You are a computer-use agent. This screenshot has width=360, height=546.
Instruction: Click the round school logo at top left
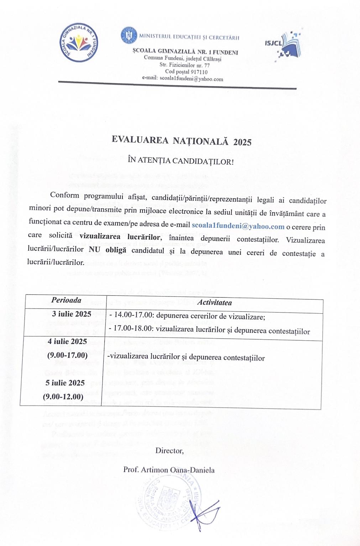[x=79, y=43]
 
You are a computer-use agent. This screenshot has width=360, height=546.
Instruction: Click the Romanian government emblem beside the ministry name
[x=129, y=35]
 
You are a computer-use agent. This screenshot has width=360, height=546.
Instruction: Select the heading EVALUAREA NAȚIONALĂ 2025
[x=182, y=141]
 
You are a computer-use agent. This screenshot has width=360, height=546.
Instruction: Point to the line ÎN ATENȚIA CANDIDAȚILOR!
[x=181, y=161]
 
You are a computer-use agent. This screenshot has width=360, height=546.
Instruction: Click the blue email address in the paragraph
[x=238, y=226]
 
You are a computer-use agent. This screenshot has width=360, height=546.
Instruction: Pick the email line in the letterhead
[x=183, y=79]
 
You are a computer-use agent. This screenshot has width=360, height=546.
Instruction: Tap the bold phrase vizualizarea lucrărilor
[x=120, y=237]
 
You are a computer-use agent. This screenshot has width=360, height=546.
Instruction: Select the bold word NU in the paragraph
[x=94, y=250]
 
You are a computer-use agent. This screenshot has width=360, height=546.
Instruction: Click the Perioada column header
[x=66, y=300]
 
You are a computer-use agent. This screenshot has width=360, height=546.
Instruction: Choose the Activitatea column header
[x=214, y=303]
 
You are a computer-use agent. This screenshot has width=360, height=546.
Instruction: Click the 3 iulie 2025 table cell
[x=72, y=314]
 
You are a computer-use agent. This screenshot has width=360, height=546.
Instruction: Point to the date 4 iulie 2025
[x=67, y=341]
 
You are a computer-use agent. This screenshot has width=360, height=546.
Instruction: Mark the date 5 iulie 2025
[x=65, y=383]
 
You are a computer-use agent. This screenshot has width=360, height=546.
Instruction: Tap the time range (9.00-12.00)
[x=63, y=397]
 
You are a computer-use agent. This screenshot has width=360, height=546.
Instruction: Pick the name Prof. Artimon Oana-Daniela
[x=169, y=470]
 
